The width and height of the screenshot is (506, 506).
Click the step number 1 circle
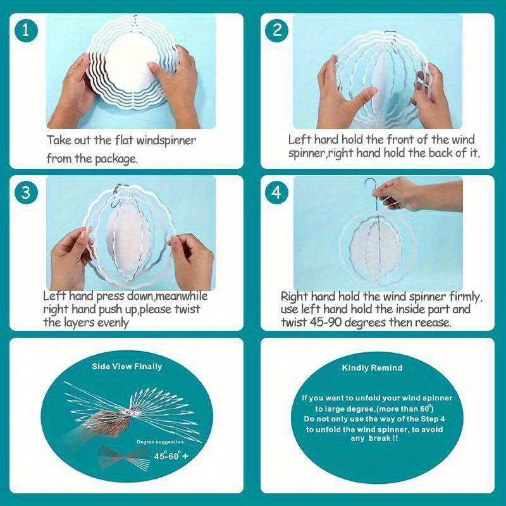[x=26, y=30]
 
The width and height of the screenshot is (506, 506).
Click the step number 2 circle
[x=277, y=30]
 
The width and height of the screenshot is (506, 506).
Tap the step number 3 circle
[x=26, y=193]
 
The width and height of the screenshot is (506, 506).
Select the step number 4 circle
[x=277, y=193]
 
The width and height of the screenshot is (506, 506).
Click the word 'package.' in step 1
[x=116, y=159]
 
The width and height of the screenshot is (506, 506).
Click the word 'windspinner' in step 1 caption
[x=166, y=140]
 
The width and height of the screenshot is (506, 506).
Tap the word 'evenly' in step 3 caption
[x=113, y=323]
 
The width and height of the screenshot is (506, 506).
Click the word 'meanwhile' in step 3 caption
[x=182, y=296]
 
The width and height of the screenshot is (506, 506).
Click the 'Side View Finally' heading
[x=127, y=367]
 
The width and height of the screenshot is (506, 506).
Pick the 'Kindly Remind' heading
[x=372, y=367]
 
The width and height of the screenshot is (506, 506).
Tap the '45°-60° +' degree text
[x=171, y=455]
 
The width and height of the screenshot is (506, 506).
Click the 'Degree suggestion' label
[x=160, y=441]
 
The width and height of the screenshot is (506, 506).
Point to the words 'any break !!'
[x=374, y=438]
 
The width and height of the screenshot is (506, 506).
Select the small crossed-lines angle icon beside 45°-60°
[x=124, y=457]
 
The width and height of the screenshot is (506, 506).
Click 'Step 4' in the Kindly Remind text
[x=433, y=419]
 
